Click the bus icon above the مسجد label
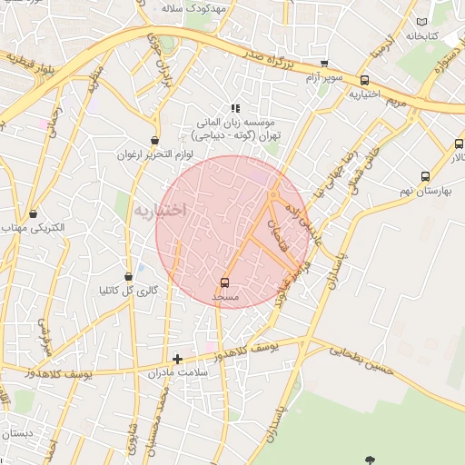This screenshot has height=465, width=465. pos(224,282)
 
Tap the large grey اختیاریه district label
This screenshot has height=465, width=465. pos(160,210)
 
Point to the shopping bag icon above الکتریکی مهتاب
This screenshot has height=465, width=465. pos(34,214)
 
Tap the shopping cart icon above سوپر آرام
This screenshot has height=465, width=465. pos(324,64)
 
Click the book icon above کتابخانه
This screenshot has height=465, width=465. pos(420,22)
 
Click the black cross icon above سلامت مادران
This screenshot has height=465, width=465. pos(177,359)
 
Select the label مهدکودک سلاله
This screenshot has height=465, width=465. pos(192,6)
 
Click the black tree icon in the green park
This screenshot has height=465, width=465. pos(369,460)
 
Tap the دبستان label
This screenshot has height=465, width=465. pos(16,433)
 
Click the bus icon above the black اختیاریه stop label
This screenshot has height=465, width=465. pos(364,80)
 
